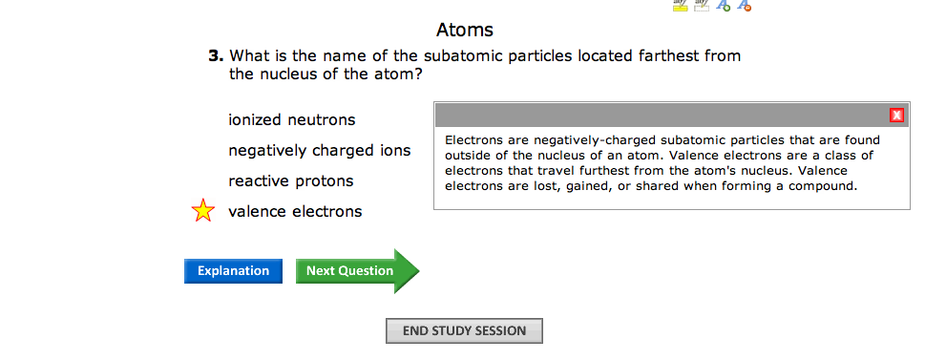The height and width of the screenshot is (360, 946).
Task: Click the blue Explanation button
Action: [233, 271]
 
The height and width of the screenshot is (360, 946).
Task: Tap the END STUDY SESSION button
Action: [464, 330]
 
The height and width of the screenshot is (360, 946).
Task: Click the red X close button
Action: [896, 116]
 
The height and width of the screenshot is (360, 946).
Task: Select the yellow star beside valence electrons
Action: [202, 210]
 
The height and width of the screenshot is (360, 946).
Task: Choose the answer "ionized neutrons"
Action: [292, 120]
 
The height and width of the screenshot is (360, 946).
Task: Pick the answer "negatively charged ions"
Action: [320, 151]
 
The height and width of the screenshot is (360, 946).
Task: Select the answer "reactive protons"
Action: [291, 181]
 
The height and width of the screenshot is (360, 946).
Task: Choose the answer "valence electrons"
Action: [295, 212]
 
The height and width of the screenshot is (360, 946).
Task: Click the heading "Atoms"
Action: [465, 30]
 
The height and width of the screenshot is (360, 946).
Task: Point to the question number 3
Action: [216, 56]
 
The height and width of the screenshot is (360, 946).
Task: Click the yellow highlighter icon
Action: [680, 6]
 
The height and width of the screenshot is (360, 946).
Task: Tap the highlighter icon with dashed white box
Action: [701, 6]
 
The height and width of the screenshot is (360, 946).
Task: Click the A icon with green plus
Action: [723, 6]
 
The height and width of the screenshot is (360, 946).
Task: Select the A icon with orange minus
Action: [745, 6]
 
